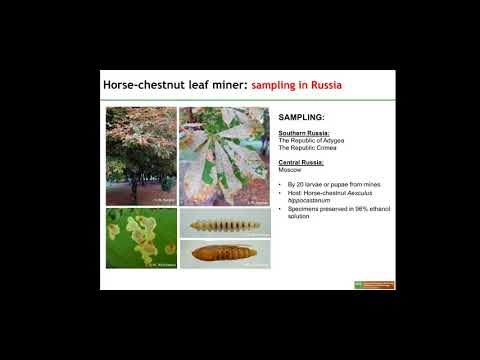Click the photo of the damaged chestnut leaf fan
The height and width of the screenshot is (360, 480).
coord(223,154)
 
